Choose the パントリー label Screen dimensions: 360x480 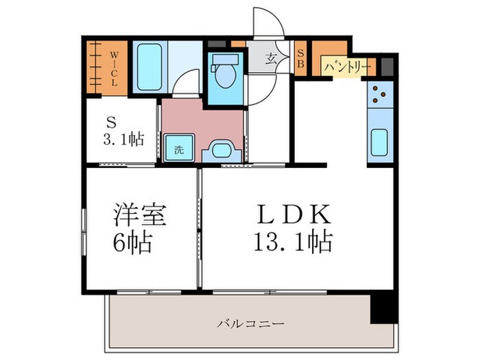point(346,67)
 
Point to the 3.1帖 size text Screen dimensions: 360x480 point(124,139)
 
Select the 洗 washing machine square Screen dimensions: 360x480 point(178,148)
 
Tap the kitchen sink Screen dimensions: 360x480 point(380,142)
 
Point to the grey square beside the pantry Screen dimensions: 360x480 point(387,67)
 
